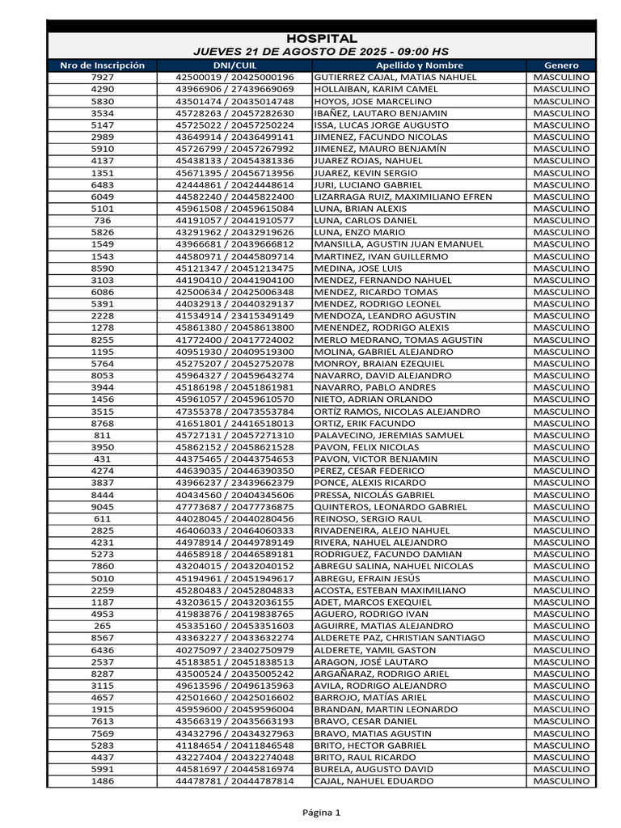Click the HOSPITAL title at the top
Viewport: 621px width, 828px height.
coord(321,39)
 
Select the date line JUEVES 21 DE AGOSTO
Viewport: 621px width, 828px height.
coord(321,52)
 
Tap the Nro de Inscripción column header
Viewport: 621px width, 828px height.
coord(103,65)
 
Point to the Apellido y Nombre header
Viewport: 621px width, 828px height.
coord(420,65)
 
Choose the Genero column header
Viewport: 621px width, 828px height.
coord(562,65)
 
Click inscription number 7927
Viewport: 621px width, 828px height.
coord(103,78)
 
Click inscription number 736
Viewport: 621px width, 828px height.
coord(103,220)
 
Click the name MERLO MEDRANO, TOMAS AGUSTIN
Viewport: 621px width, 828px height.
coord(391,340)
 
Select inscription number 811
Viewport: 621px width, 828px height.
coord(103,435)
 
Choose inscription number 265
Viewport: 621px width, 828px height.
coord(103,626)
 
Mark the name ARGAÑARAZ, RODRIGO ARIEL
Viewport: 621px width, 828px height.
coord(382,674)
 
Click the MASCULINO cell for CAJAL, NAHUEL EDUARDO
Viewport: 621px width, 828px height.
coord(562,781)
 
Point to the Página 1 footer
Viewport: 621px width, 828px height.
coord(321,813)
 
